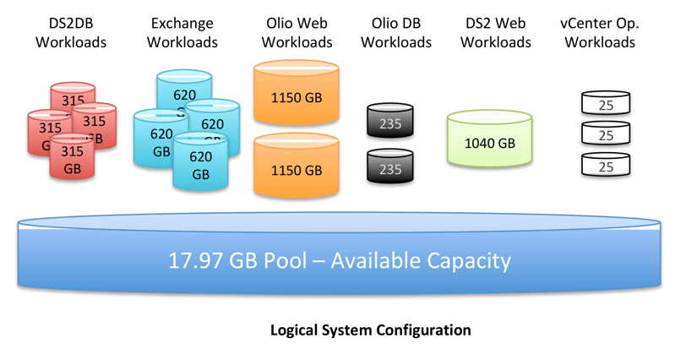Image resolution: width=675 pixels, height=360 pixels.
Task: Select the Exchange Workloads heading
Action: pyautogui.click(x=183, y=32)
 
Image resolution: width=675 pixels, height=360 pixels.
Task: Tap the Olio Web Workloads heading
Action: pyautogui.click(x=295, y=32)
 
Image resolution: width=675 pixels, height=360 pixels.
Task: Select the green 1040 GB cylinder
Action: pyautogui.click(x=489, y=142)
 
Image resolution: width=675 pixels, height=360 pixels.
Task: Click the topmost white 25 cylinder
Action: pyautogui.click(x=606, y=105)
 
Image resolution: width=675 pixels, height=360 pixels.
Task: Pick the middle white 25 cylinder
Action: pyautogui.click(x=606, y=134)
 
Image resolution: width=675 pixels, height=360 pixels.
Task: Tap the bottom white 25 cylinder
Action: pyautogui.click(x=606, y=166)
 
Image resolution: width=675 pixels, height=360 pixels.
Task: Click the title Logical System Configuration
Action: pyautogui.click(x=370, y=330)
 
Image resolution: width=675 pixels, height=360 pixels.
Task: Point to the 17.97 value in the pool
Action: pyautogui.click(x=199, y=259)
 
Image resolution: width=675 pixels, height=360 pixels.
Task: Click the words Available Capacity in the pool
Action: pyautogui.click(x=420, y=259)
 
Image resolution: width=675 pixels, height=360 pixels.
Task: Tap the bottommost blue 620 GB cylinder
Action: pyautogui.click(x=200, y=166)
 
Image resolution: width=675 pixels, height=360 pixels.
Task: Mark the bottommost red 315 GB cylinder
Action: pyautogui.click(x=73, y=159)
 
